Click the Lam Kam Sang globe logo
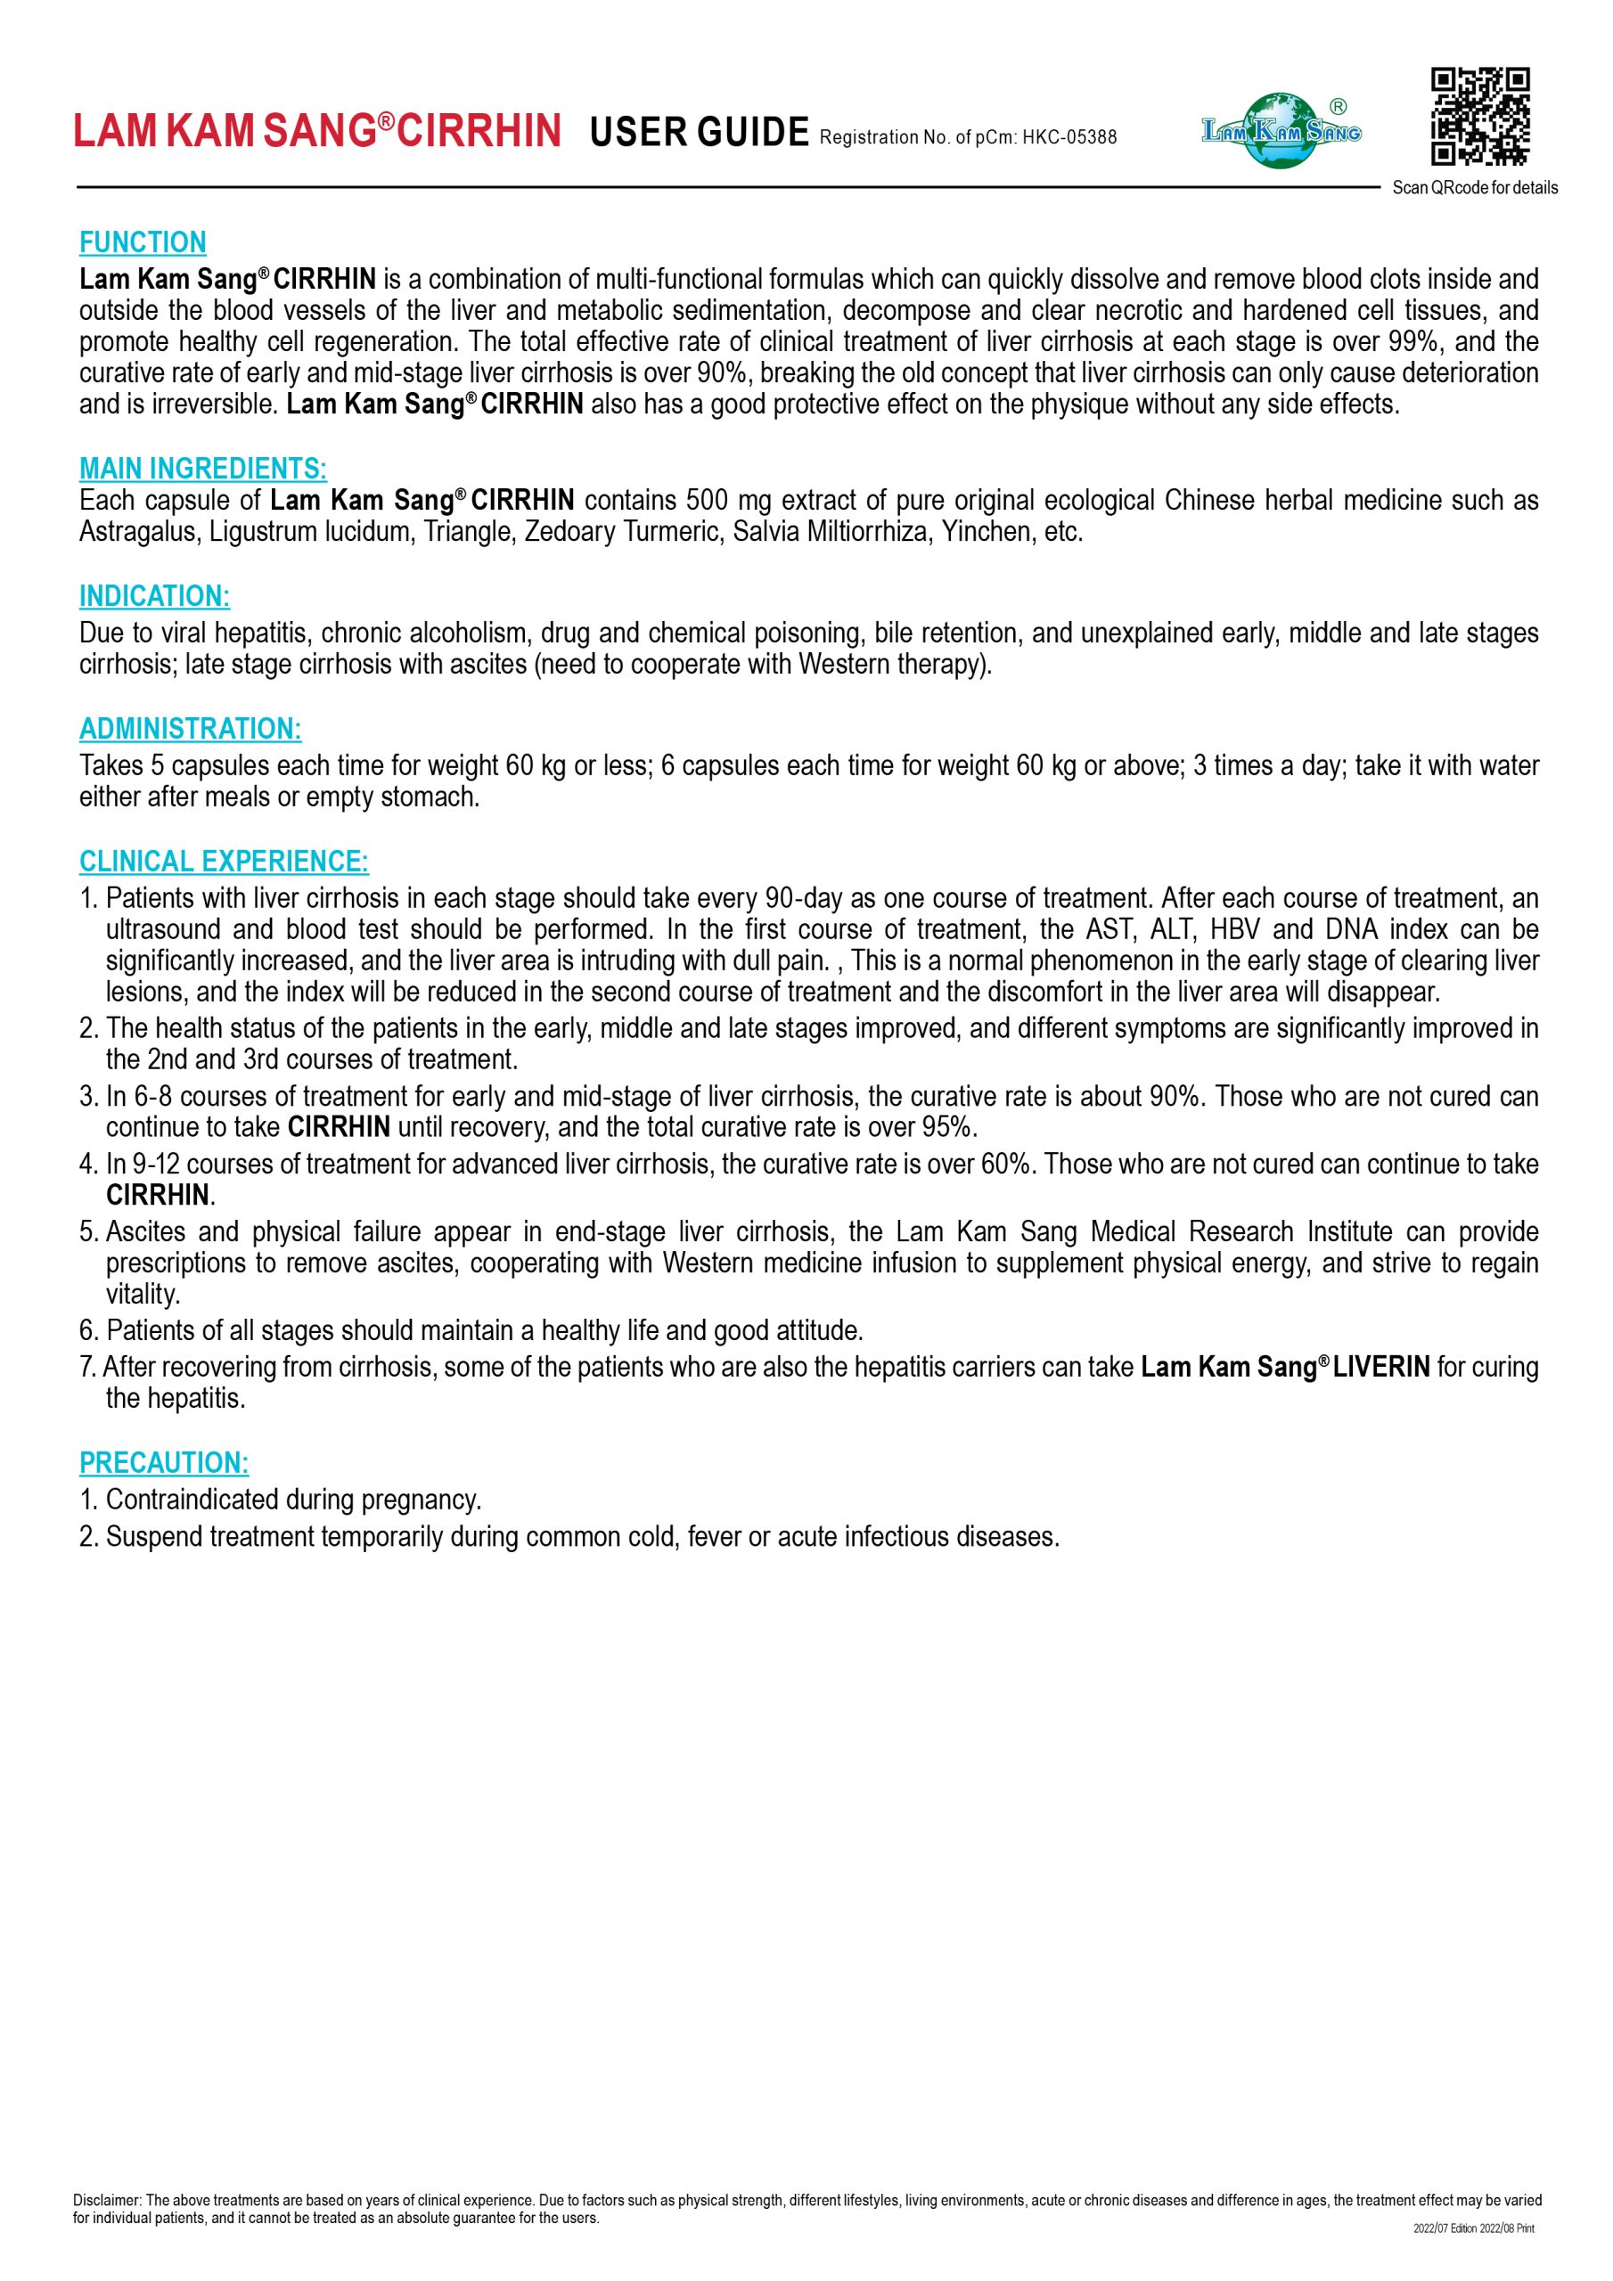pos(1281,130)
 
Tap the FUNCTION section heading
pos(143,242)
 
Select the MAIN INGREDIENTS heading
pos(203,468)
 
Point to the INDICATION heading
pos(154,596)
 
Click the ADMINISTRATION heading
pos(190,728)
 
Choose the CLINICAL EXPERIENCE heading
pos(224,862)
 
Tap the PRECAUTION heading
pos(164,1462)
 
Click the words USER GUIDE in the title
pos(699,132)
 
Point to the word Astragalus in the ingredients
pos(140,532)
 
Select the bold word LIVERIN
pos(1381,1367)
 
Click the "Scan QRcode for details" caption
pos(1475,188)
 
